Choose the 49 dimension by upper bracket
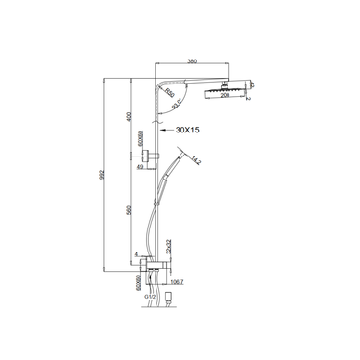tap(142, 167)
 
